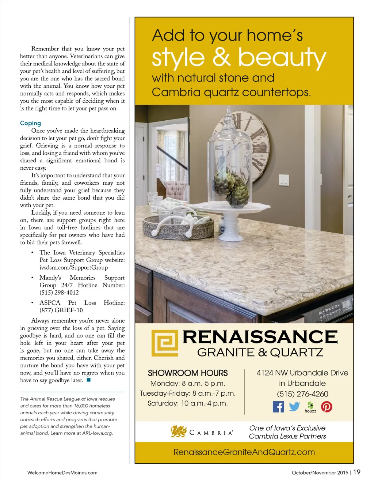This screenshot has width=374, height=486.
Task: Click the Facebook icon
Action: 278,407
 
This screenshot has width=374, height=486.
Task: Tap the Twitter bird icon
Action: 294,407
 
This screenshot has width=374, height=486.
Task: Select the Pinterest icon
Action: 327,407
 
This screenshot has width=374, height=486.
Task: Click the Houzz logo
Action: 310,407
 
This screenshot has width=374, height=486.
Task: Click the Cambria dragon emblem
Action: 179,432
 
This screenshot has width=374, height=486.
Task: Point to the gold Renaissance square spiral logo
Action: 165,343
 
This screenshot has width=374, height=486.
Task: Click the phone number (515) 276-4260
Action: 302,394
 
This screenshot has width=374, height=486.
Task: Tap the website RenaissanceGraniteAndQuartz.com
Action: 244,452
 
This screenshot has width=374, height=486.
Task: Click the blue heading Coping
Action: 30,123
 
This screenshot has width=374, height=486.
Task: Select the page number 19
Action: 357,472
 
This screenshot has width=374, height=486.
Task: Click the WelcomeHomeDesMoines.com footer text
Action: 62,472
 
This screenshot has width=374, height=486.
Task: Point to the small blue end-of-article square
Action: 88,380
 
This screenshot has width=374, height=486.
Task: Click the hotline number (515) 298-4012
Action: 59,293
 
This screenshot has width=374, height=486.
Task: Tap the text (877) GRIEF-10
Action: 61,310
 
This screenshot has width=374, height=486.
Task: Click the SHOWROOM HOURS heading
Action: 188,373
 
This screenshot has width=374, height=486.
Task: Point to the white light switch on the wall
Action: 284,180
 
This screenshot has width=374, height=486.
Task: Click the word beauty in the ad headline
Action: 282,58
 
